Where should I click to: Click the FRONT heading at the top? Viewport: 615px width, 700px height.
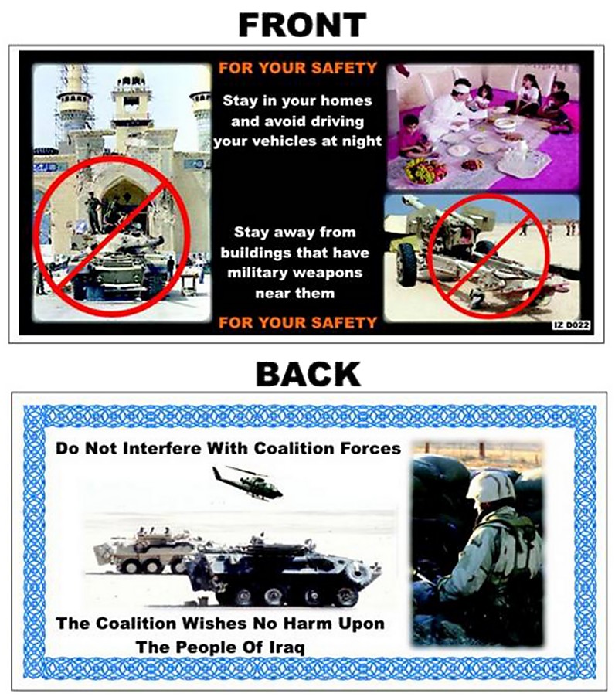coord(302,25)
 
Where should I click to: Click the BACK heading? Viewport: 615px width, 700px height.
coord(308,374)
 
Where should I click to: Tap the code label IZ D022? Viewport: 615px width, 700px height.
coord(572,326)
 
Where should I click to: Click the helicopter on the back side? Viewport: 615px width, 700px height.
coord(246,482)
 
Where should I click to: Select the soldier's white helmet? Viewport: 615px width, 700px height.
coord(490,486)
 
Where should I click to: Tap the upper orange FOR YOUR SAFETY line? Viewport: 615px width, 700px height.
coord(297,68)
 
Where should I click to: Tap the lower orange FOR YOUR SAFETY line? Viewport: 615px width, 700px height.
coord(297,322)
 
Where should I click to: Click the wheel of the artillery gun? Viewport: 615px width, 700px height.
coord(407,263)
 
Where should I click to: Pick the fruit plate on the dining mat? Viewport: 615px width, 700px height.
coord(424,171)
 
